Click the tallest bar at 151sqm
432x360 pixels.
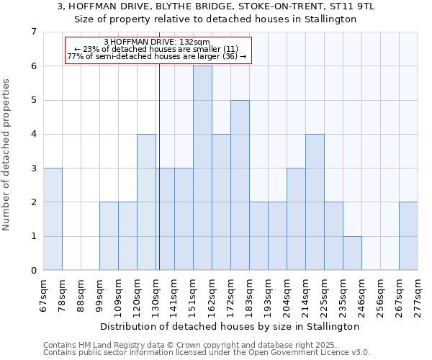point(202,168)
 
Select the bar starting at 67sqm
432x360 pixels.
point(53,219)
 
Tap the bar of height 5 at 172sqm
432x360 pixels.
point(240,185)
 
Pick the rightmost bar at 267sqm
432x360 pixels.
point(408,236)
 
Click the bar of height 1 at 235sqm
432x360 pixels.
point(352,253)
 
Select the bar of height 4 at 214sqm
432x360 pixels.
point(315,202)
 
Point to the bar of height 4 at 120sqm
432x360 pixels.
point(146,202)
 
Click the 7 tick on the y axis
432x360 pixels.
point(33,32)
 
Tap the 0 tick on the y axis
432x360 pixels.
point(33,271)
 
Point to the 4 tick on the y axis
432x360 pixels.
point(33,134)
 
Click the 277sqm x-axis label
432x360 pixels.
point(418,292)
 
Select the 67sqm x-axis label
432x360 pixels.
point(44,292)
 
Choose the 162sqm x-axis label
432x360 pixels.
point(212,292)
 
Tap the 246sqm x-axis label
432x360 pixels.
point(362,292)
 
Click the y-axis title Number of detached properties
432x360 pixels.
point(7,155)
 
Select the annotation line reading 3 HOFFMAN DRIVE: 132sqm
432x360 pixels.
point(157,42)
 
